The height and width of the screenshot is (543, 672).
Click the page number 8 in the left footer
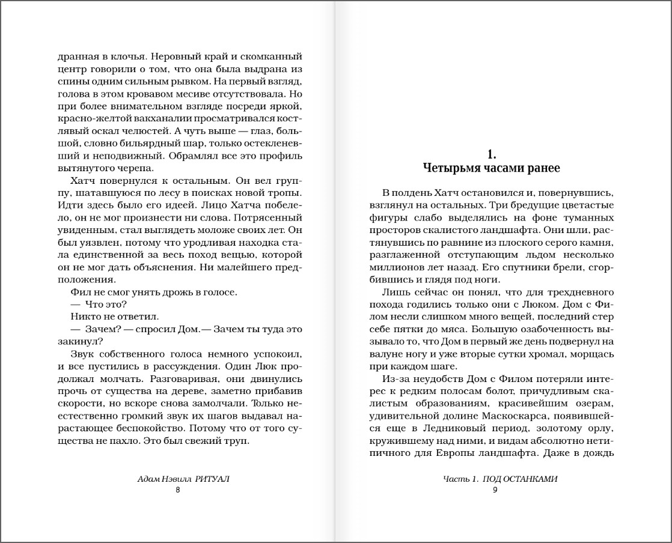tap(177, 490)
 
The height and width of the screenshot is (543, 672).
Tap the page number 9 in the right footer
tap(495, 490)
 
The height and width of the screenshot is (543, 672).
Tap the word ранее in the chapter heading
tap(545, 168)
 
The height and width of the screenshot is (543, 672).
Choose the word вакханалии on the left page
tap(147, 119)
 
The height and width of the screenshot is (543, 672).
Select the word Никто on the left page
tap(84, 316)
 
